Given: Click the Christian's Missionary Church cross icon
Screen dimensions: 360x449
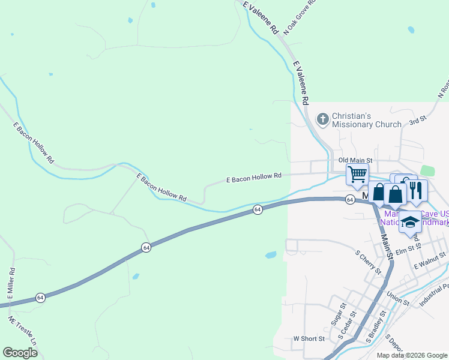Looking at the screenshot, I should (x=323, y=119).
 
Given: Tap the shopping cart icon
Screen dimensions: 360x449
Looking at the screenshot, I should (x=358, y=174).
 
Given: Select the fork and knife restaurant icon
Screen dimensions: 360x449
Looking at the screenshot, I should (x=415, y=190).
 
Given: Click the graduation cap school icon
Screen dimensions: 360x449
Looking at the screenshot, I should (x=410, y=222).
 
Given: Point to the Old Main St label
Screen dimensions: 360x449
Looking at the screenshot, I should (x=356, y=161).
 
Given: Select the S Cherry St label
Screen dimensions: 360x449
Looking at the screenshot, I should (x=368, y=263).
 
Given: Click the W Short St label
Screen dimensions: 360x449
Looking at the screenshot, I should (x=309, y=338).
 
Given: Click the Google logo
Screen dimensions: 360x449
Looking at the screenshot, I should (x=20, y=353).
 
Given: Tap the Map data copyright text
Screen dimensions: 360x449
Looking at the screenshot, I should (x=412, y=355).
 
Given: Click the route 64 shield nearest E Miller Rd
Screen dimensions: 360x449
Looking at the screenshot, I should (x=40, y=297).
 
